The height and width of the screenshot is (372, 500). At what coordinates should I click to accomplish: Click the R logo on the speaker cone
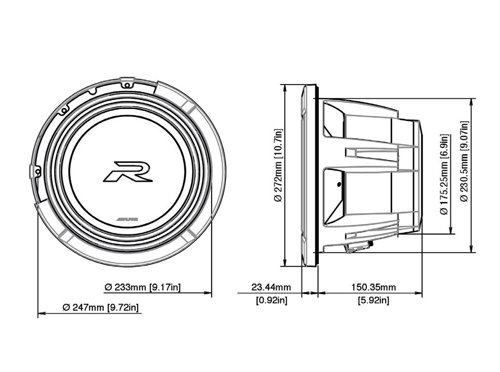pos(128,172)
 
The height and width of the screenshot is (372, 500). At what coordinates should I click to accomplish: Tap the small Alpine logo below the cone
pos(127,220)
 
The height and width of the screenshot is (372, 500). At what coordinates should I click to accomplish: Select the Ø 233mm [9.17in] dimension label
pos(143,287)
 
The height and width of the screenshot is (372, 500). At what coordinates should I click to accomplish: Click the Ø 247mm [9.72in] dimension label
pos(101,308)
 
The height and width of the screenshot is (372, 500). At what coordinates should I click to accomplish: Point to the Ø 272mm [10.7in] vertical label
pos(278,166)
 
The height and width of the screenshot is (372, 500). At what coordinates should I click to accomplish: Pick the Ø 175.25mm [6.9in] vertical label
pos(444,174)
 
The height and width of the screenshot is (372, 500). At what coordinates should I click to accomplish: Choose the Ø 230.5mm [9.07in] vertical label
pos(464,161)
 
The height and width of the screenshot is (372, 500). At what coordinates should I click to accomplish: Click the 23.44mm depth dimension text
pos(271,287)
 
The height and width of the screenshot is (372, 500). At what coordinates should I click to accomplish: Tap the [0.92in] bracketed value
pos(272,300)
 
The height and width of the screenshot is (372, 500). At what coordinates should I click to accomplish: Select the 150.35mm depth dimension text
pos(373,287)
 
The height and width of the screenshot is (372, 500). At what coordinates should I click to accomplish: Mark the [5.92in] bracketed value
pos(373,300)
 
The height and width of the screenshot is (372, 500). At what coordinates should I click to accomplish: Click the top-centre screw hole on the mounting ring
pos(127,85)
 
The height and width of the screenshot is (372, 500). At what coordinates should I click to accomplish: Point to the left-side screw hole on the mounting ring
pos(37,172)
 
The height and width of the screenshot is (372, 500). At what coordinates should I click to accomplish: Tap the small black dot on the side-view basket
pos(339,184)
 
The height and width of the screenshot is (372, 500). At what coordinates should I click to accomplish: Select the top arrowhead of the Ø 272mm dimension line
pos(284,88)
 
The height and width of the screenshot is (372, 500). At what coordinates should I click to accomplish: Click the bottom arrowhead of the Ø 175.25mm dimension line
pos(451,230)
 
